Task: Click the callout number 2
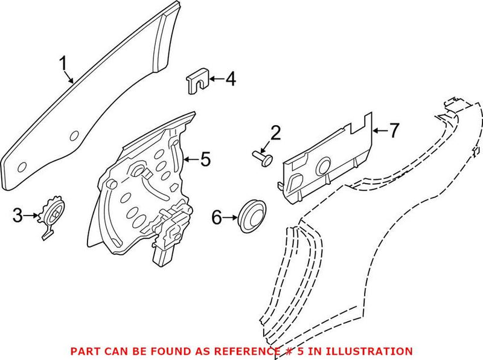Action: [275, 133]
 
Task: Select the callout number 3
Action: [18, 214]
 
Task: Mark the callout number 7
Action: [394, 130]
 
